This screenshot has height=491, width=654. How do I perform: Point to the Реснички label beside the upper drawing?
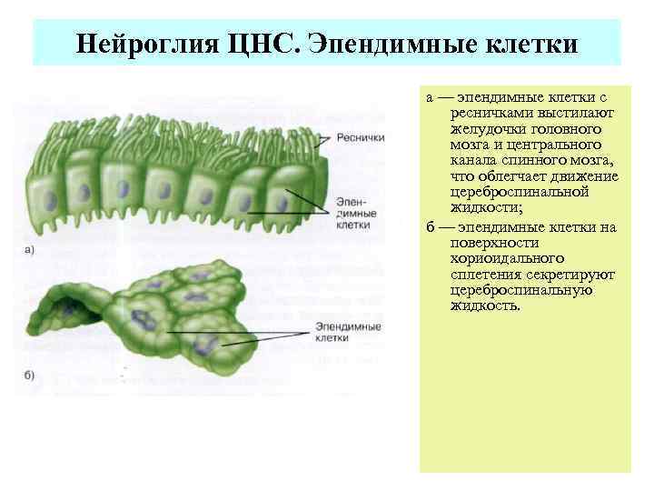pos(361,137)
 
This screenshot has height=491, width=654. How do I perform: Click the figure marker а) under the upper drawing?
pos(29,250)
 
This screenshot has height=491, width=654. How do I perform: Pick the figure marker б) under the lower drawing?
pos(29,375)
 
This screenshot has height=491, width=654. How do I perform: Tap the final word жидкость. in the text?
pos(486,306)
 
